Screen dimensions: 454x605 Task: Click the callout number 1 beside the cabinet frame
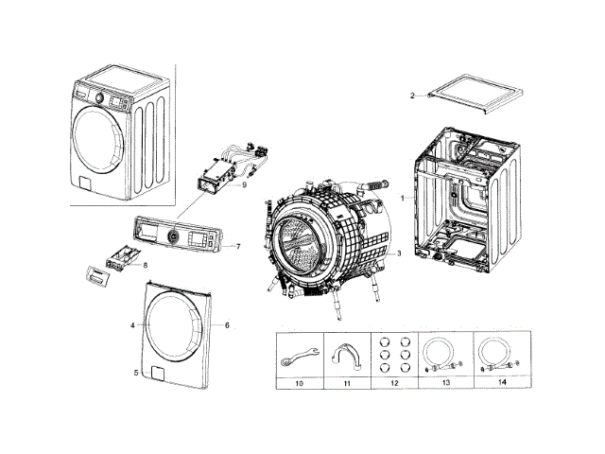[402, 198]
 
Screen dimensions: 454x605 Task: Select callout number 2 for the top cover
[412, 96]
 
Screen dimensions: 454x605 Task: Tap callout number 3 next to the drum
[399, 253]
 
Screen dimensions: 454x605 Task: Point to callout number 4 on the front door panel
[132, 324]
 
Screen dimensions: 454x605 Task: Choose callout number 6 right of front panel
[227, 324]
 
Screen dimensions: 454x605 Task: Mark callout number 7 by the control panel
[238, 247]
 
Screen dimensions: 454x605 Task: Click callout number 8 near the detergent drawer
[145, 266]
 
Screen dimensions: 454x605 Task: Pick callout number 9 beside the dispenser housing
[244, 185]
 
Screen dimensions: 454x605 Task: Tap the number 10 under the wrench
[299, 383]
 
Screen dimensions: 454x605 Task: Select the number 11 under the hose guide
[347, 383]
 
